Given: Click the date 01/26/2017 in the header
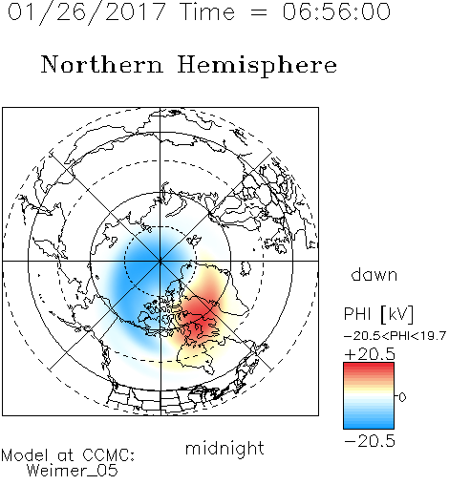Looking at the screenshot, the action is tap(87, 12).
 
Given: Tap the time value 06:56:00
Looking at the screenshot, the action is tap(336, 11).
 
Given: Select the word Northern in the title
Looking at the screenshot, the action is tap(102, 64).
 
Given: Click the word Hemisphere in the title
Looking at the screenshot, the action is tap(257, 66).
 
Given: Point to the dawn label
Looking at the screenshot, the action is tap(374, 274).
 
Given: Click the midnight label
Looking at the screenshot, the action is tap(224, 449).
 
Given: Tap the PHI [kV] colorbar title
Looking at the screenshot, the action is tap(378, 314).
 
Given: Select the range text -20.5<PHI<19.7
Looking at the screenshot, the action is tap(395, 336).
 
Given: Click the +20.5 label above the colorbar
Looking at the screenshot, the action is tap(370, 354).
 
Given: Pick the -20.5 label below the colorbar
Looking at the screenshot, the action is tap(370, 441).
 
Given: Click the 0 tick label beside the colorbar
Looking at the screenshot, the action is tap(402, 397).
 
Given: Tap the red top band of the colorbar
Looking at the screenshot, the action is tap(369, 368).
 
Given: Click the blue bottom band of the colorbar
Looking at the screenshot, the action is tap(369, 423).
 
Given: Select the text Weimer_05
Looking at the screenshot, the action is tap(73, 471).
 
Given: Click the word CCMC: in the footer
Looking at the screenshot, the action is tap(108, 455).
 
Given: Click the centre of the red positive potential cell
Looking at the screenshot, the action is tap(198, 313).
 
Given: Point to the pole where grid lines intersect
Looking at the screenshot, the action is tap(160, 261).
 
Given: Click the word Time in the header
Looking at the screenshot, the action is tap(207, 11).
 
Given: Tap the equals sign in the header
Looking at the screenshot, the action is tap(259, 12).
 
